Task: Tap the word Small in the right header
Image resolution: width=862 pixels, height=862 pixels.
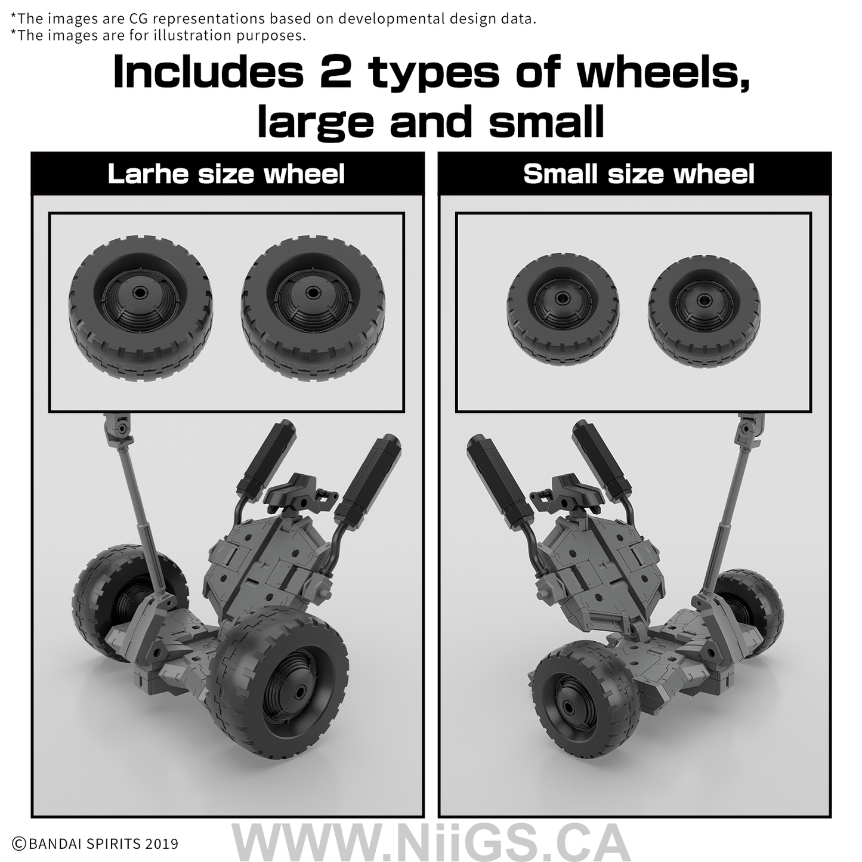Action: (560, 174)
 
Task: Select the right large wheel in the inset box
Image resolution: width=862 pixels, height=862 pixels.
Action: (313, 308)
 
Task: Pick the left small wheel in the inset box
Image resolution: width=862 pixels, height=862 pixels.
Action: (563, 310)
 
